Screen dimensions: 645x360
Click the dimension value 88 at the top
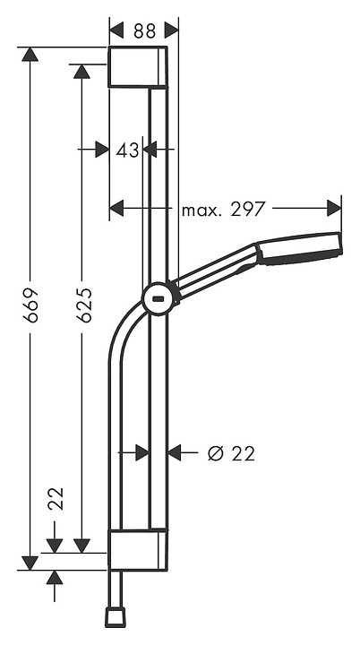[x=144, y=30]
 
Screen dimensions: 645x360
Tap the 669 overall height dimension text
[x=30, y=306]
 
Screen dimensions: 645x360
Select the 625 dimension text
[x=82, y=306]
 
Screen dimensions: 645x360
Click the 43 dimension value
[x=128, y=150]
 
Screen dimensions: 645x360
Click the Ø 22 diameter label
[x=231, y=453]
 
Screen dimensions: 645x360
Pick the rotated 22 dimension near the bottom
[x=56, y=498]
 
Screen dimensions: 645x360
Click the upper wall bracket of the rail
[x=137, y=67]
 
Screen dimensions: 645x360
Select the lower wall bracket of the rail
[x=137, y=549]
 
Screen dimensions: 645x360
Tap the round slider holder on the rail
[x=159, y=298]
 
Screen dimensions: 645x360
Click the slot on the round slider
[x=158, y=299]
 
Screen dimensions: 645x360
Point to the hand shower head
[x=300, y=248]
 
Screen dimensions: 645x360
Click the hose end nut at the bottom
[x=115, y=617]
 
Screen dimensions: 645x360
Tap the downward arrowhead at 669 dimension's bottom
[x=30, y=562]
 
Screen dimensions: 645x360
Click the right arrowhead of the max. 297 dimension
[x=334, y=209]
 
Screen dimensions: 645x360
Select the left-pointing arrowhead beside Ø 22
[x=176, y=453]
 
